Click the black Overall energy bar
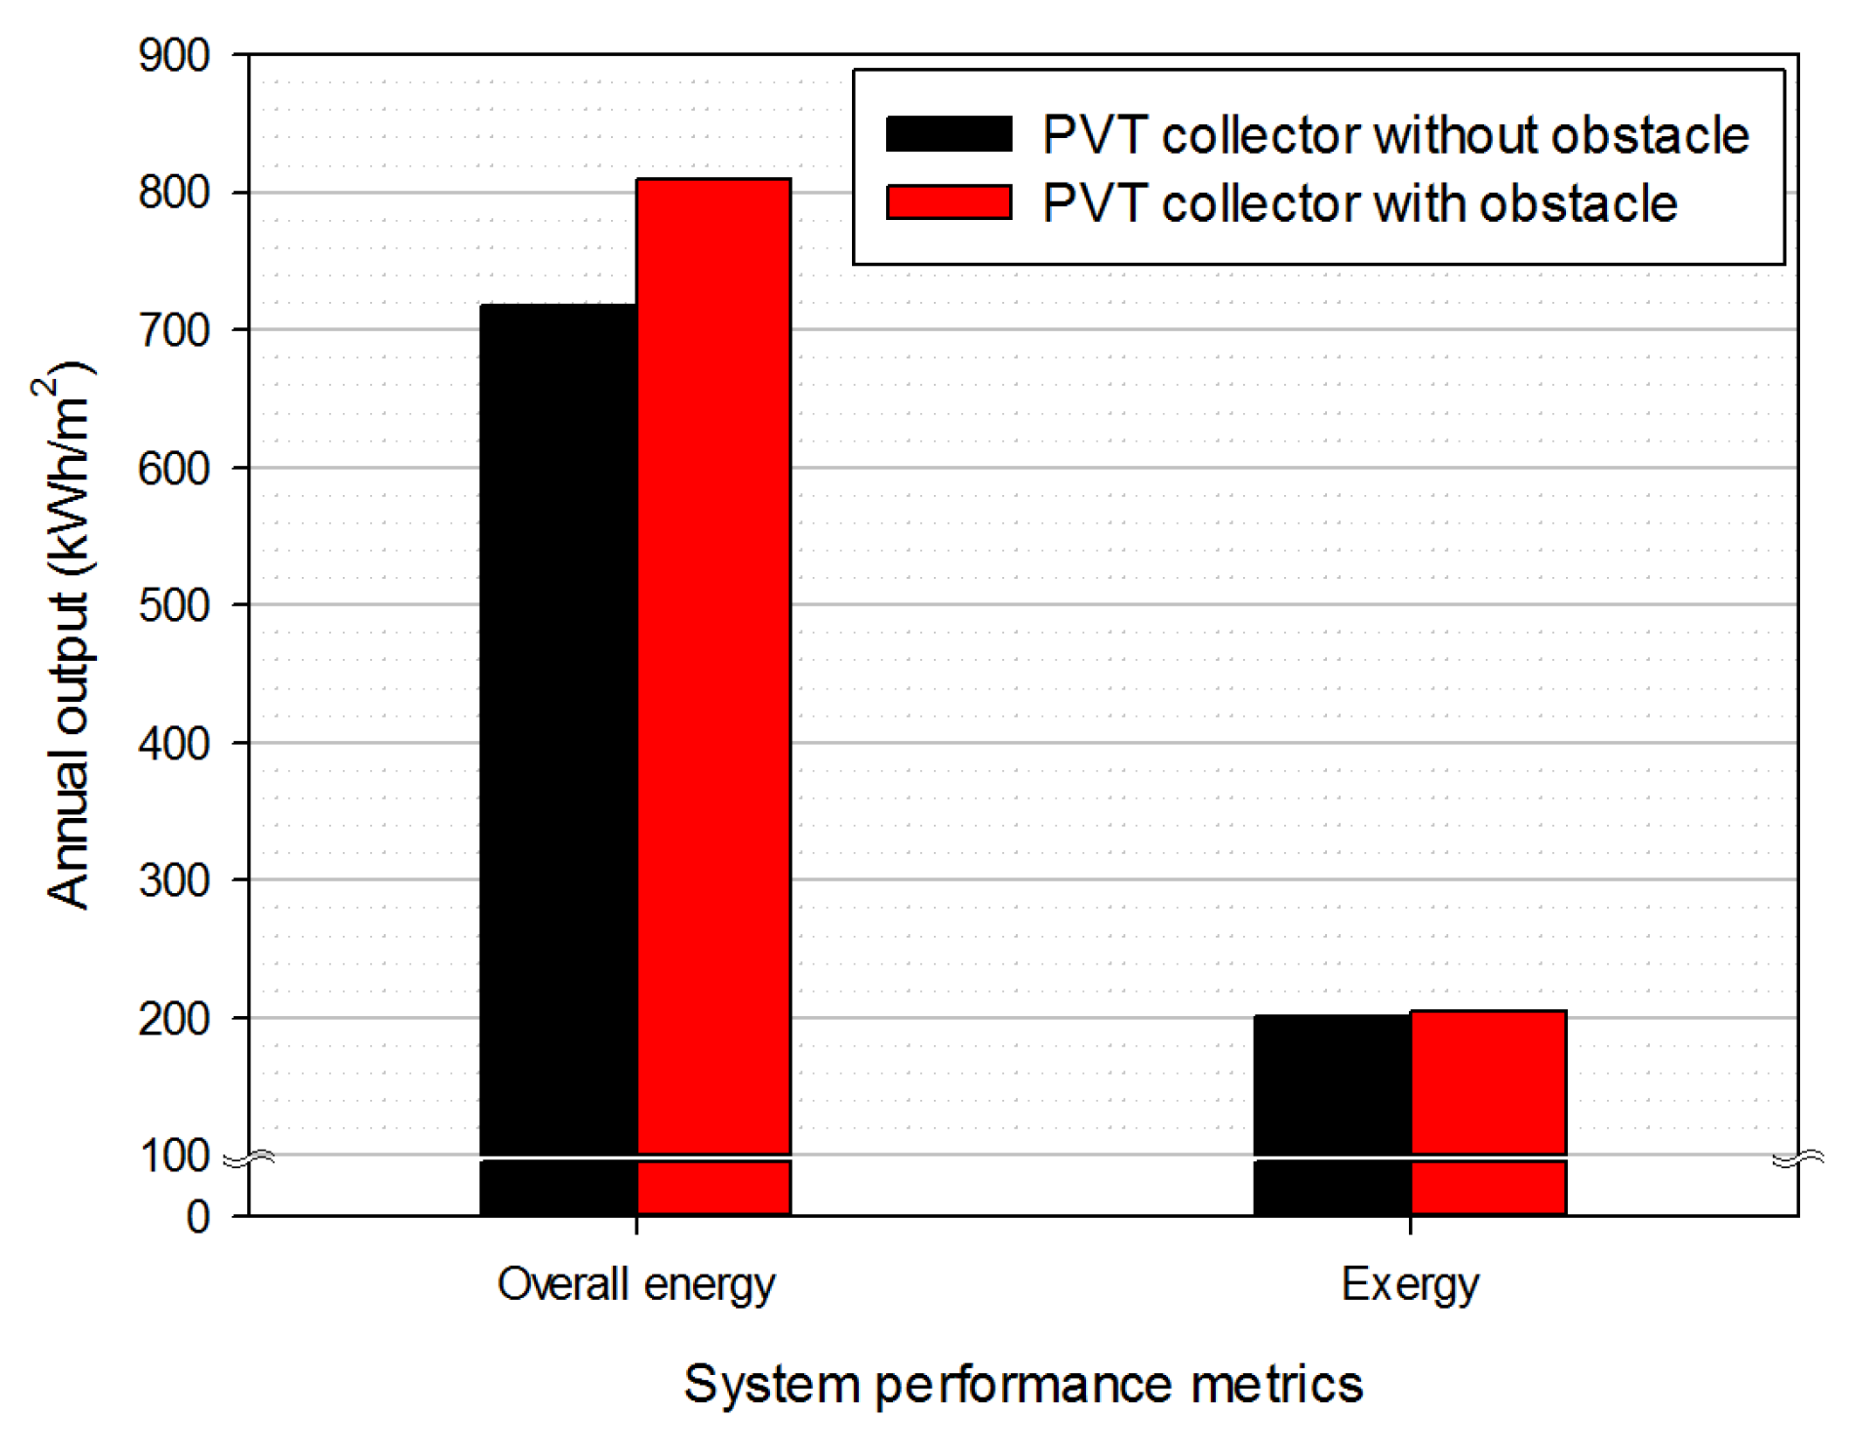coord(558,759)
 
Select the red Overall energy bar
coord(714,697)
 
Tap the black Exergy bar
coord(1332,1115)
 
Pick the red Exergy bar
coord(1488,1113)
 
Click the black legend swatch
coord(949,134)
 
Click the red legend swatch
coord(949,203)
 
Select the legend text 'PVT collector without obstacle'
coord(1396,135)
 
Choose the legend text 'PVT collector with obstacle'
coord(1360,203)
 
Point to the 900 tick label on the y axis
coord(174,56)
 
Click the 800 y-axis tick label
coord(174,193)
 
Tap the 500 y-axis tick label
coord(174,605)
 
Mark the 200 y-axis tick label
coord(174,1018)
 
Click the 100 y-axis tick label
coord(174,1156)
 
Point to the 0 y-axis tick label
coord(198,1217)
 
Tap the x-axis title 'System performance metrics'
coord(1023,1385)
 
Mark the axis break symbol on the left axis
coord(250,1159)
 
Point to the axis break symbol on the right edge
coord(1798,1159)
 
